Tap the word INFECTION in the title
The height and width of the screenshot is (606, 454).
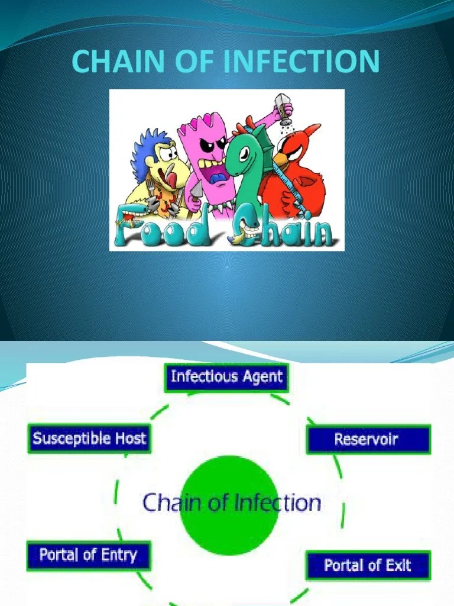(x=308, y=62)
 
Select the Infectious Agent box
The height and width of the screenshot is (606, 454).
(x=226, y=378)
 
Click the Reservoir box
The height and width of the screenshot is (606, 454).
(x=368, y=440)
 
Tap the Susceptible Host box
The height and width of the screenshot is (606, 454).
(x=89, y=439)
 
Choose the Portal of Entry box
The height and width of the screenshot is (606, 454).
(x=89, y=556)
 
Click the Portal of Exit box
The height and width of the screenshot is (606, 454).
(x=368, y=565)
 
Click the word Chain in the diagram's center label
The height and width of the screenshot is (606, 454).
(x=171, y=503)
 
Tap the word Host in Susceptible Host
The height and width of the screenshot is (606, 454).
(x=130, y=439)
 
